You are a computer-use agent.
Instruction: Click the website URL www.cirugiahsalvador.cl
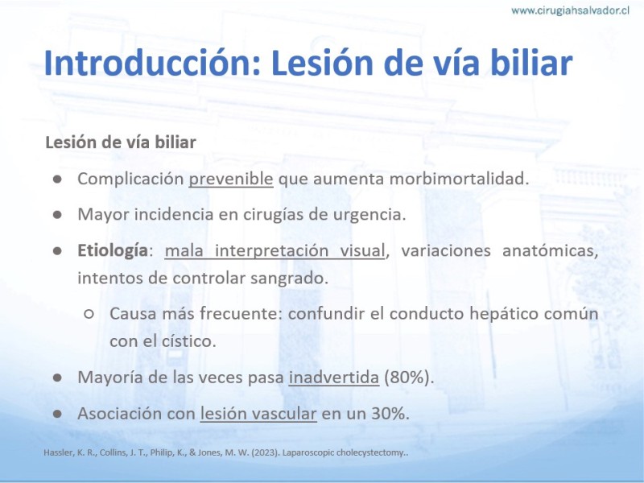click(570, 10)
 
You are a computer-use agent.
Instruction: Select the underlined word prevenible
click(231, 179)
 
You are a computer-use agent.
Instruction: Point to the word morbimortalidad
click(459, 179)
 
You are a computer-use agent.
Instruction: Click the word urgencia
click(369, 214)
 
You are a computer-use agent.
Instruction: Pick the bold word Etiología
click(113, 250)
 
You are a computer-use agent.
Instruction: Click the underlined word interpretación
click(272, 250)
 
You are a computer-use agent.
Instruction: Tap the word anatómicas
click(551, 250)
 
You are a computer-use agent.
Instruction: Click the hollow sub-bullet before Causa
click(89, 314)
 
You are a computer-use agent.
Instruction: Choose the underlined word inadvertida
click(334, 377)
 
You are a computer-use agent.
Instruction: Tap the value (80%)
click(409, 377)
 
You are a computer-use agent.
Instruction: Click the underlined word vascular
click(284, 413)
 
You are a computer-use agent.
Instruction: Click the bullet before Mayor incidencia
click(57, 215)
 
